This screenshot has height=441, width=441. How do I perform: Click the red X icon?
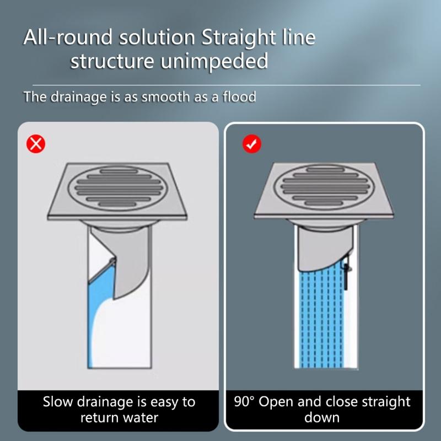click(x=36, y=144)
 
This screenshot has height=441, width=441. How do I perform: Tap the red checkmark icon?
click(x=252, y=144)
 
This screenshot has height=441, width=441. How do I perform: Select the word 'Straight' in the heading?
click(x=240, y=38)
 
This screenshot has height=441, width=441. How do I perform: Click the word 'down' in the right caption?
click(x=322, y=417)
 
